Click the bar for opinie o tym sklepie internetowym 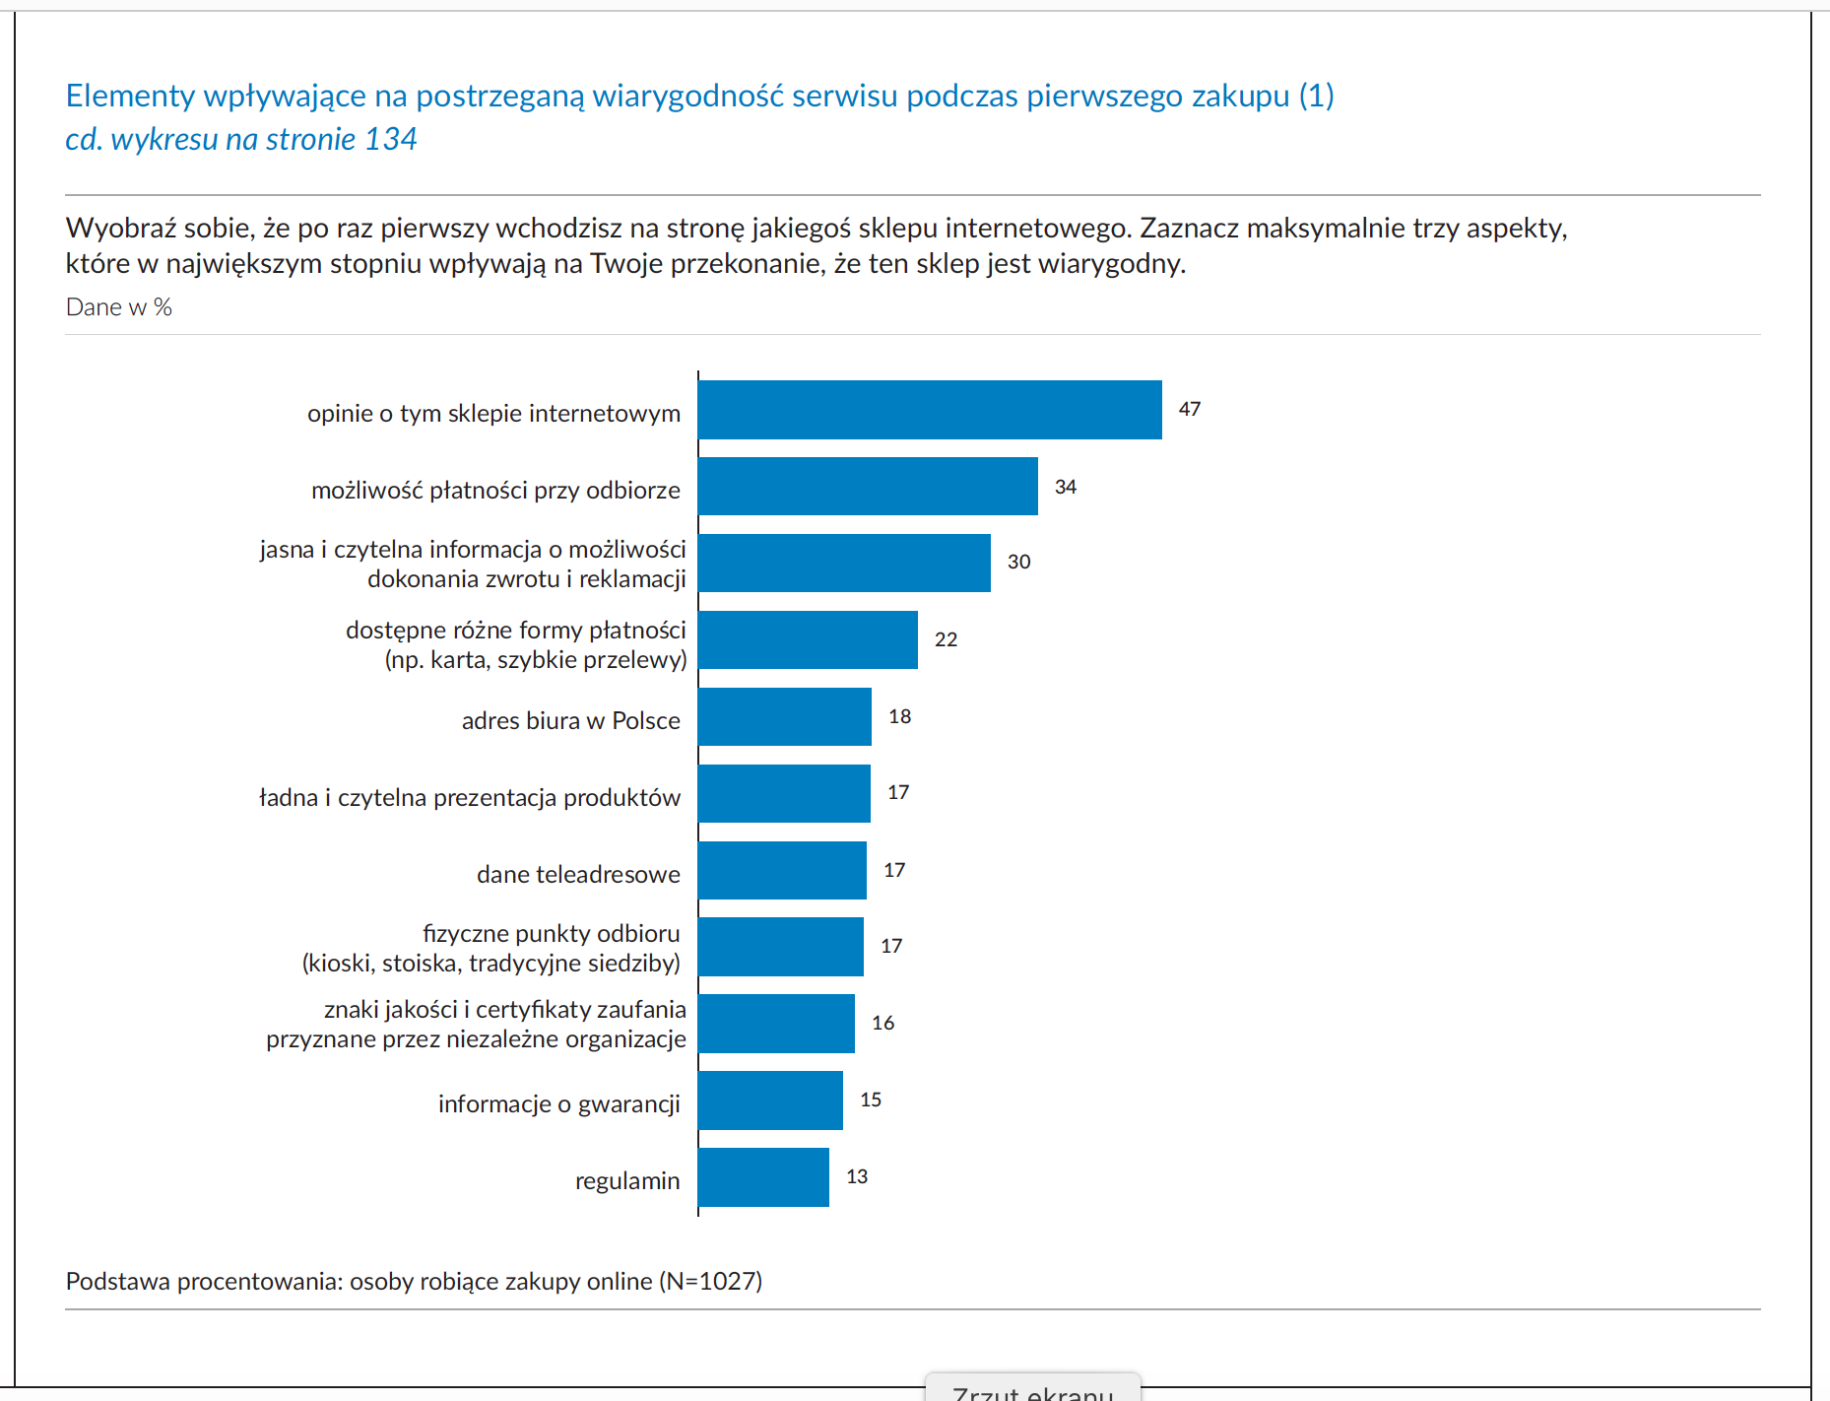[930, 410]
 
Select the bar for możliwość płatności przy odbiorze [868, 486]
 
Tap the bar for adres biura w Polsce [785, 716]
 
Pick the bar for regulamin [763, 1177]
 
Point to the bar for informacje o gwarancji [770, 1101]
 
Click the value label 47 [1190, 409]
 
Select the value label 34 [1066, 487]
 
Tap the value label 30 [1018, 562]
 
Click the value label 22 [946, 639]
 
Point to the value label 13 [857, 1176]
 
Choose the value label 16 [882, 1023]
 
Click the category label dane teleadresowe [578, 874]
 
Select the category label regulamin [627, 1180]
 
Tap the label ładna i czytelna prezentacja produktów [470, 797]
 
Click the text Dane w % [119, 307]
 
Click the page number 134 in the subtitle [391, 139]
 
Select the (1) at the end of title [1316, 96]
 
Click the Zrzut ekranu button [1032, 1390]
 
